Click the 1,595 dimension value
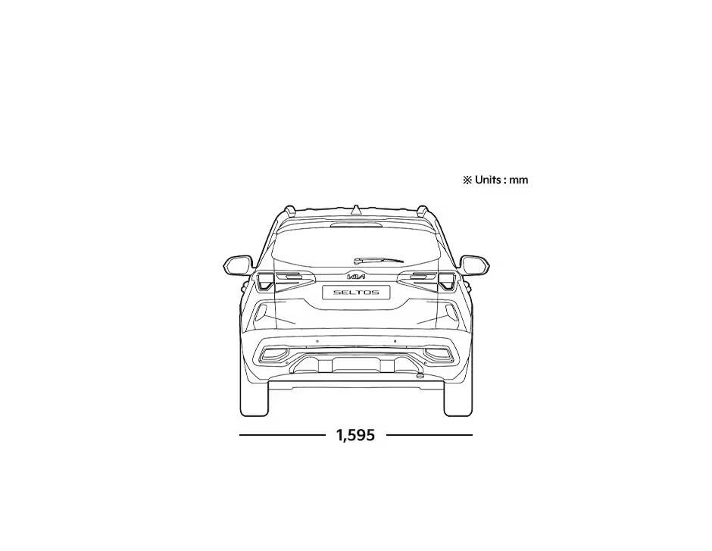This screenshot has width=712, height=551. tap(355, 435)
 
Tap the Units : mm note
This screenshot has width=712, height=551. tap(495, 180)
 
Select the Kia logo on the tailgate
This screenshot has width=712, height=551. tap(356, 276)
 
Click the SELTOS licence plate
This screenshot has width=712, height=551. tap(356, 292)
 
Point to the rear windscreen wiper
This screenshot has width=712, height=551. tap(378, 260)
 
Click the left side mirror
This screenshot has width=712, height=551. tap(238, 265)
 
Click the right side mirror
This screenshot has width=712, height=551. tap(474, 265)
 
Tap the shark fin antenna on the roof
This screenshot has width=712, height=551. tap(357, 209)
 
